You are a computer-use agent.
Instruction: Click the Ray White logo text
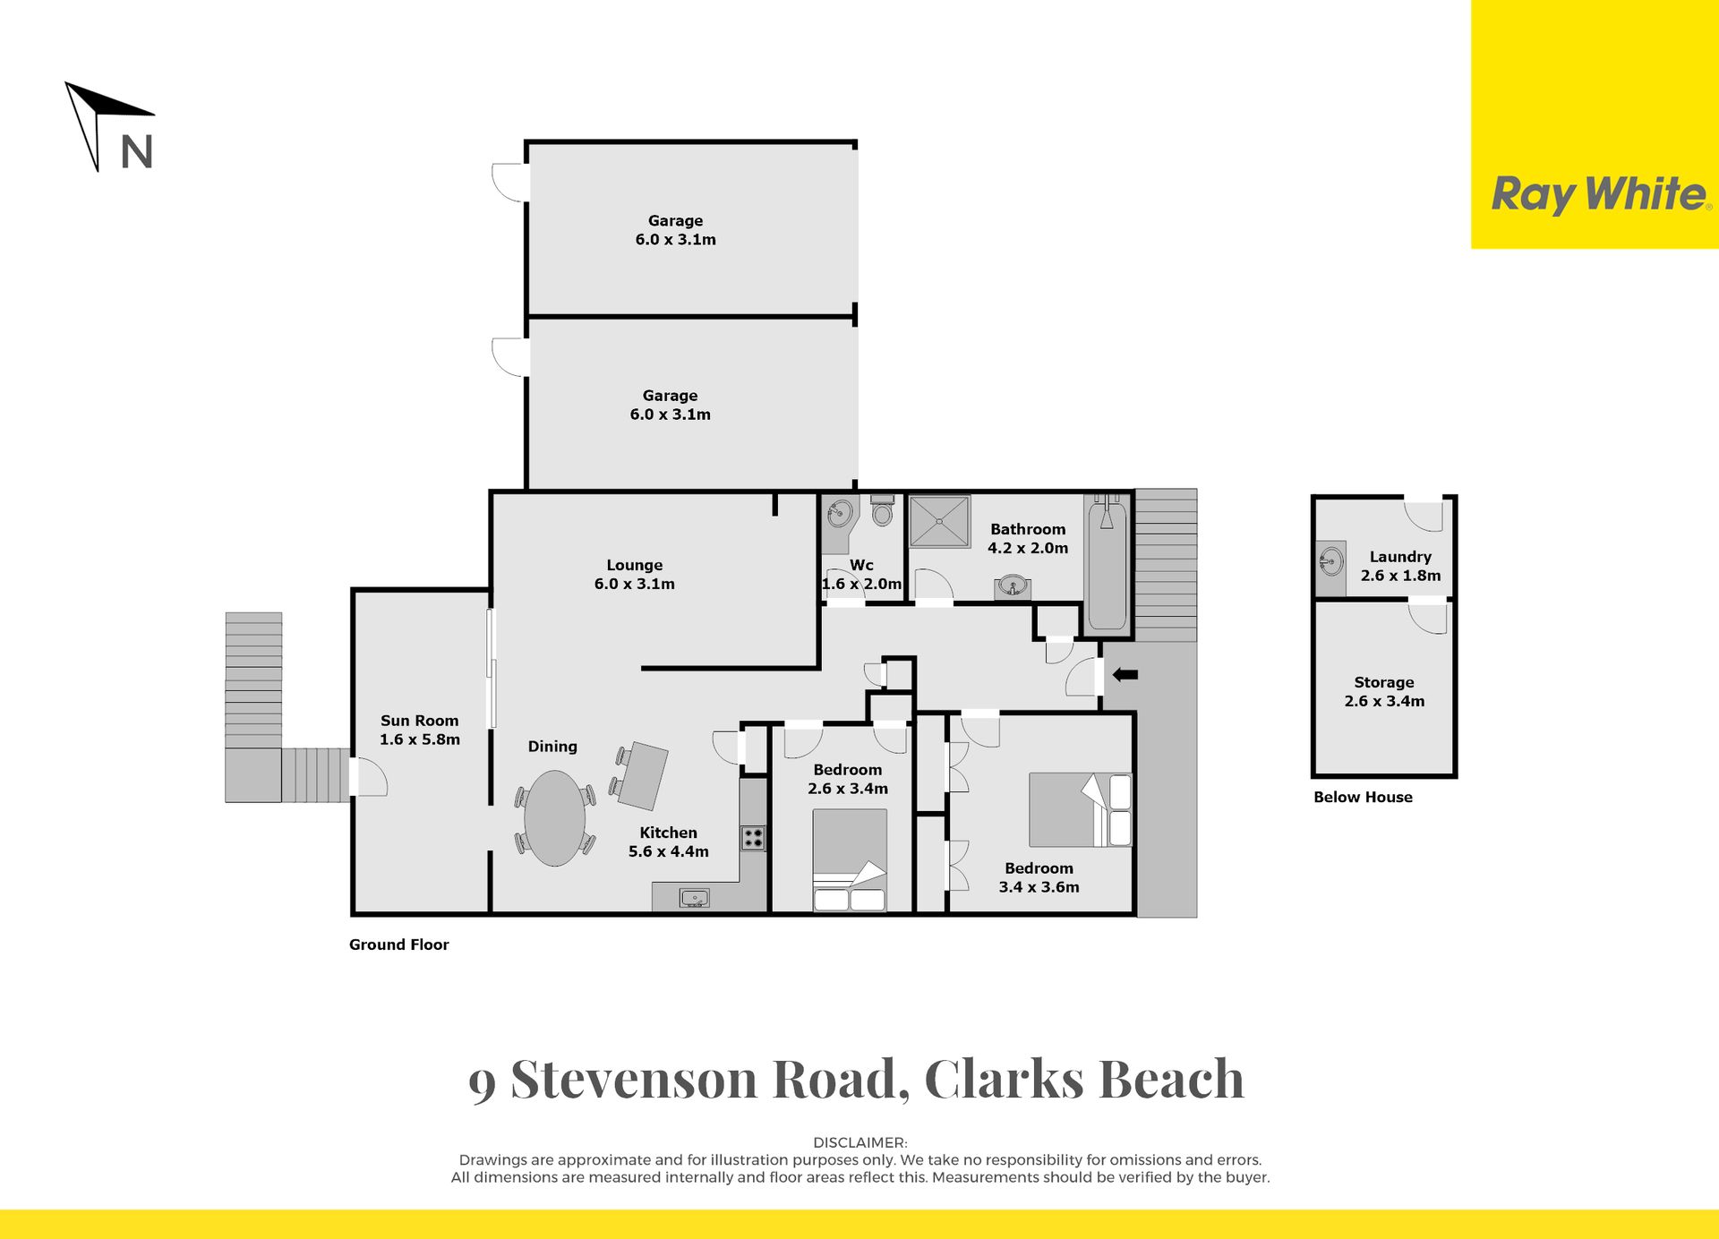pos(1600,194)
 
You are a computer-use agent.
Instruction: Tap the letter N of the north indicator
pos(137,152)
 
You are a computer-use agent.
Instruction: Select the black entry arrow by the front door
pos(1125,675)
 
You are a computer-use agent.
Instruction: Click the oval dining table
pos(554,818)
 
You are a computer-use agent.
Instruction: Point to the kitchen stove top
pos(753,838)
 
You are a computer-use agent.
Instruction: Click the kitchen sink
pos(694,897)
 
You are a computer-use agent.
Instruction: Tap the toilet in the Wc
pos(883,510)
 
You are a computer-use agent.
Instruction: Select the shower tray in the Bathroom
pos(939,521)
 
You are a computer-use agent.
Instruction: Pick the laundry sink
pos(1331,562)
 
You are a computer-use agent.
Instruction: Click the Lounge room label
pos(635,575)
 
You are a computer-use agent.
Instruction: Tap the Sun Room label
pos(419,730)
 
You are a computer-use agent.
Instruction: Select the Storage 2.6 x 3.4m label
pos(1384,692)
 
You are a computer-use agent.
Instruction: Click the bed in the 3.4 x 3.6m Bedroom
pos(1081,809)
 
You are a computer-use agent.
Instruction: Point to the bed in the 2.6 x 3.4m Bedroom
pos(850,860)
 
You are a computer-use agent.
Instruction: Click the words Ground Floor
pos(398,944)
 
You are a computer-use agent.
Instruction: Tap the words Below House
pos(1363,797)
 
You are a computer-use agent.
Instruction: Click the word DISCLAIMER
pos(859,1142)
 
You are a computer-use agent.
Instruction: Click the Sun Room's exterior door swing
pos(371,777)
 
